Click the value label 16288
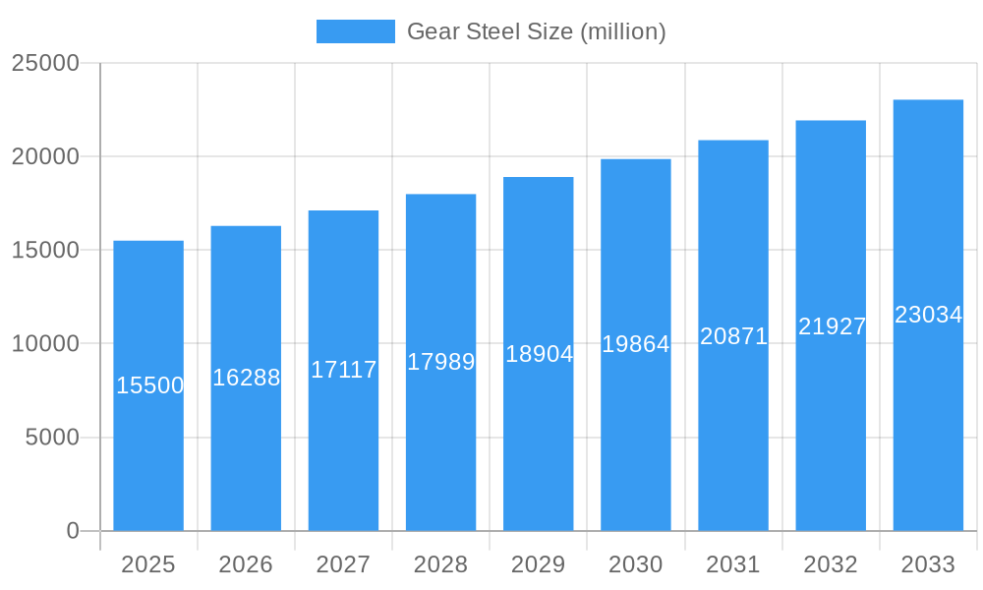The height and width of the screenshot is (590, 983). (247, 378)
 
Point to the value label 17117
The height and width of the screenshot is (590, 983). (344, 370)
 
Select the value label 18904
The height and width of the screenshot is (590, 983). (539, 354)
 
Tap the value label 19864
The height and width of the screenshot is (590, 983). (636, 344)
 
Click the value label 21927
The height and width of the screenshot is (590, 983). (832, 326)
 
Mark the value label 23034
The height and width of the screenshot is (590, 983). (928, 315)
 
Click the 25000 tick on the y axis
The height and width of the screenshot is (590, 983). (45, 63)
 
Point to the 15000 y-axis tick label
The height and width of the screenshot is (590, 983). (45, 250)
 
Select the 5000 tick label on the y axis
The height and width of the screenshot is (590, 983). (52, 438)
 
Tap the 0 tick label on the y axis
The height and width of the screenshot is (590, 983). (73, 531)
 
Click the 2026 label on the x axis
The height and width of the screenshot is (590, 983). (246, 564)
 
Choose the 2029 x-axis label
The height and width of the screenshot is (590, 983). (539, 564)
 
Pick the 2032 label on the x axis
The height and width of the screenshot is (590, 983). (831, 564)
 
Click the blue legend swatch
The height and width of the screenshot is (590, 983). (355, 31)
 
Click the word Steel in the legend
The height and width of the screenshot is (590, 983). (489, 31)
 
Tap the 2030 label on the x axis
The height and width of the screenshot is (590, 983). (636, 564)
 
